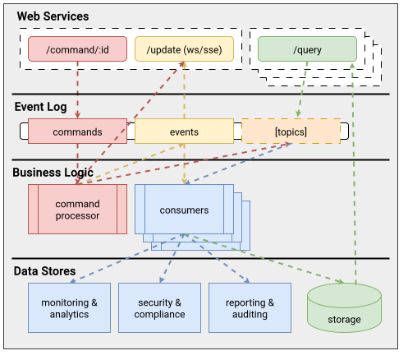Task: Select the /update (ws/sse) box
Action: pyautogui.click(x=183, y=48)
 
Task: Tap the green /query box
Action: pyautogui.click(x=306, y=48)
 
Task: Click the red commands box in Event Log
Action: pyautogui.click(x=77, y=132)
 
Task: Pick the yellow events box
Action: pyautogui.click(x=183, y=132)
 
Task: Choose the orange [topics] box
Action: pyautogui.click(x=291, y=132)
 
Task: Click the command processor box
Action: pyautogui.click(x=77, y=210)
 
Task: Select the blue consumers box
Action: pyautogui.click(x=185, y=210)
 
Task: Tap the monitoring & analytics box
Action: pyautogui.click(x=69, y=308)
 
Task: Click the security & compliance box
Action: pyautogui.click(x=159, y=308)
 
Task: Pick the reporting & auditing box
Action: pyautogui.click(x=250, y=308)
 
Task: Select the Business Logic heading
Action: pyautogui.click(x=53, y=173)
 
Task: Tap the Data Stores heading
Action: pyautogui.click(x=45, y=270)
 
